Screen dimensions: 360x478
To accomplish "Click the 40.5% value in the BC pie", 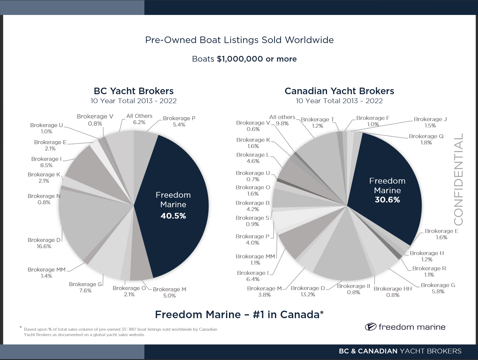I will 173,216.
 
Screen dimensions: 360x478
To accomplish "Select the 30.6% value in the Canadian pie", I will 387,200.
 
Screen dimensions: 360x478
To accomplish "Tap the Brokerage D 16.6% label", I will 44,243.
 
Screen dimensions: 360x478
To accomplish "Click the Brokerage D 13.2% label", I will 308,291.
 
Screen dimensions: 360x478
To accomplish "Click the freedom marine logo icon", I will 370,327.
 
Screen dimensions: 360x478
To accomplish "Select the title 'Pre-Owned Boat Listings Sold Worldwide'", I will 239,40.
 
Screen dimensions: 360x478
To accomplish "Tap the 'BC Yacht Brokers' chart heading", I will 134,91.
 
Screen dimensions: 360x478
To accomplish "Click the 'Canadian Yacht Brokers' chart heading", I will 339,91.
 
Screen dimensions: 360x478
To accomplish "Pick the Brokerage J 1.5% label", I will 430,122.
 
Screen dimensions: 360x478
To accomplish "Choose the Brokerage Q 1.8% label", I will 426,139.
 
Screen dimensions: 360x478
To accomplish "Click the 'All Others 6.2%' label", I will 139,119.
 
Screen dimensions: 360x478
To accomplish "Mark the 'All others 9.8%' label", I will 282,120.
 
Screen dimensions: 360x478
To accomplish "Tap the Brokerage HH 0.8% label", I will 393,292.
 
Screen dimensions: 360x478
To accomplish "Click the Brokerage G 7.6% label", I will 85,287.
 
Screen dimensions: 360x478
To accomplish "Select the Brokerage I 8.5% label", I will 46,162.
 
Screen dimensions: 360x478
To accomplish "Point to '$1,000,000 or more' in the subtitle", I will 257,59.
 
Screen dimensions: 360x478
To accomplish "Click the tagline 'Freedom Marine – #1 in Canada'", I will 239,315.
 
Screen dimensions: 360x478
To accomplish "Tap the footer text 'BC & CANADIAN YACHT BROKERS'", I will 400,351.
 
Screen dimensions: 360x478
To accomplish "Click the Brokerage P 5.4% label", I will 179,121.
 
